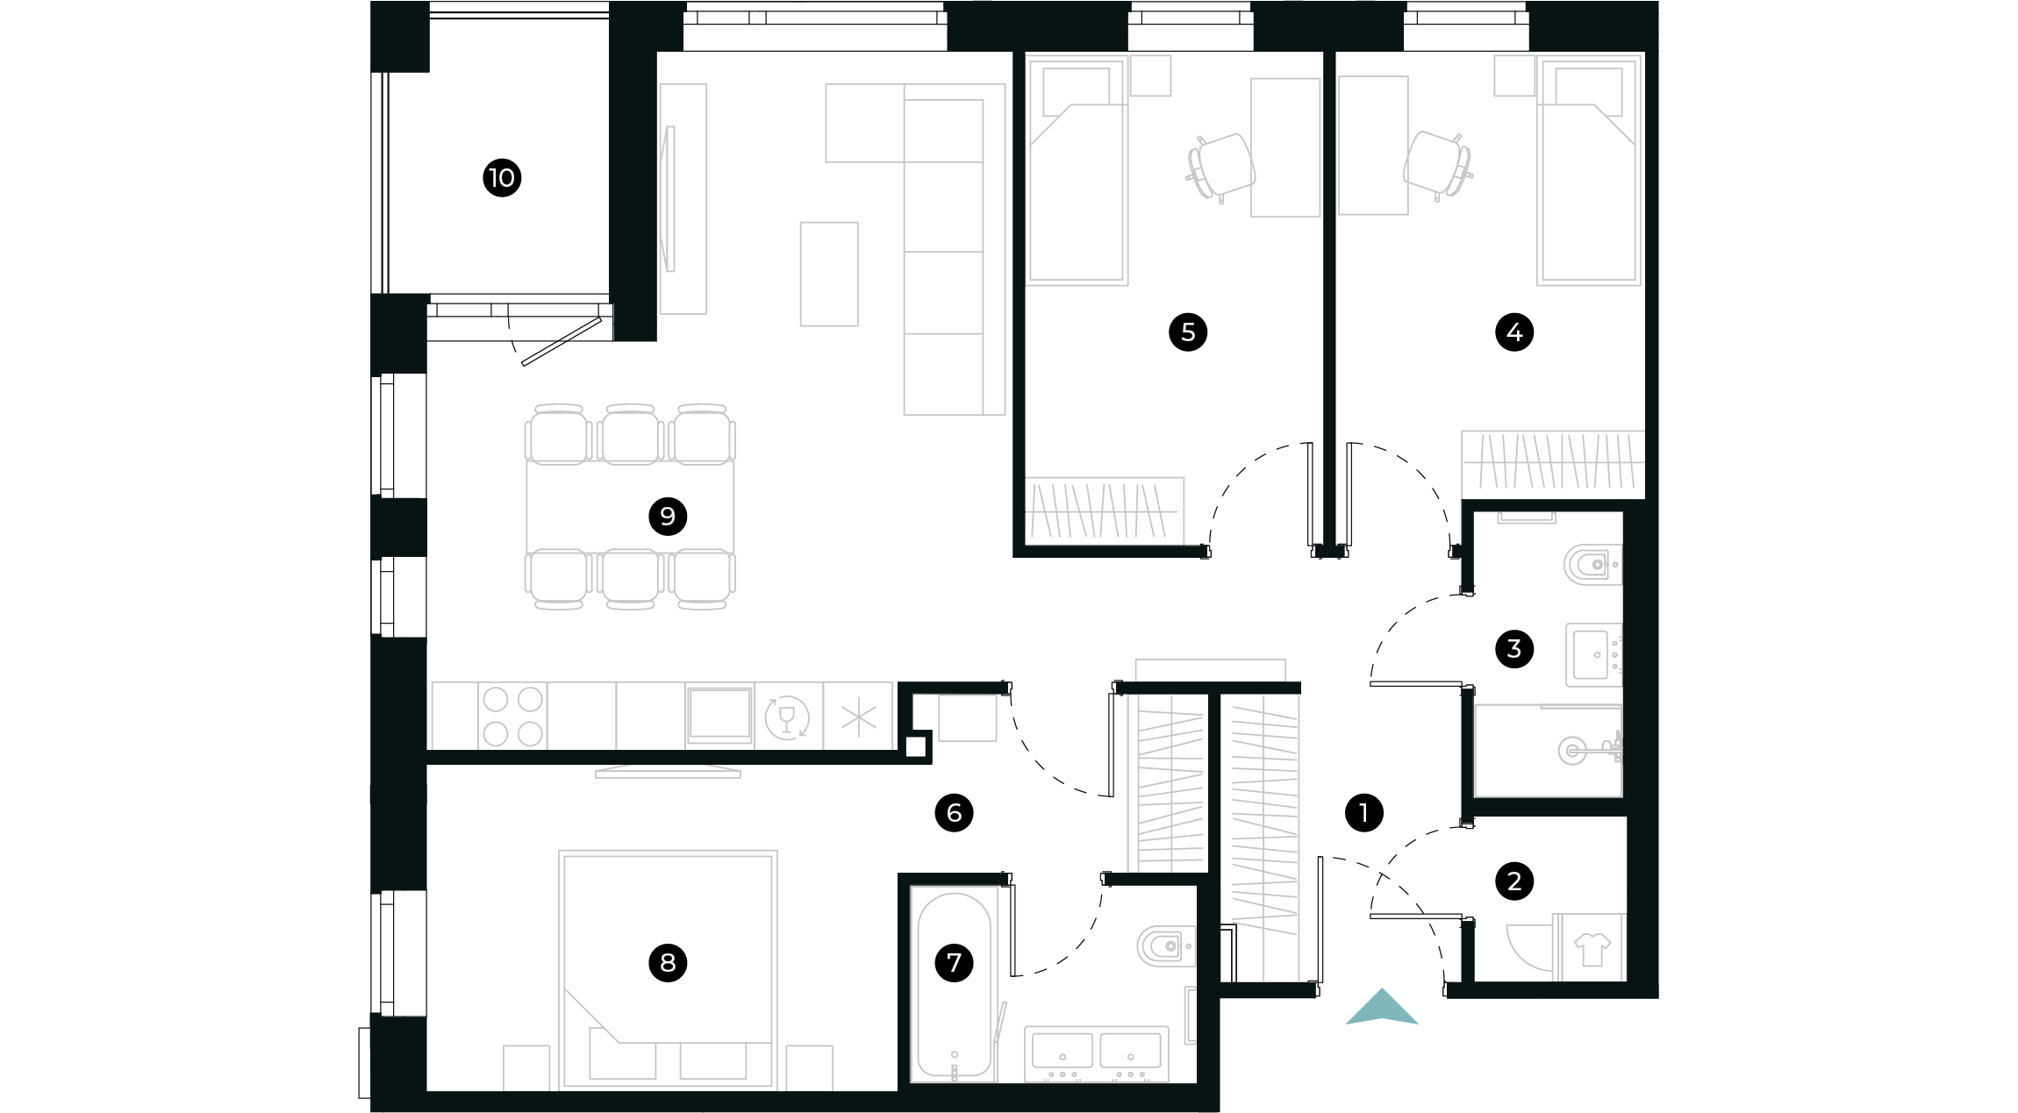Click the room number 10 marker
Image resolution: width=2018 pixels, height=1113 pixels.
pyautogui.click(x=502, y=178)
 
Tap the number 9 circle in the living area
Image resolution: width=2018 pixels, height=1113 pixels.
pyautogui.click(x=668, y=516)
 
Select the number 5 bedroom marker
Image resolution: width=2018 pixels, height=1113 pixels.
pyautogui.click(x=1188, y=332)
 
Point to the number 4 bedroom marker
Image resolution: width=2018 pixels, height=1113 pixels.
pyautogui.click(x=1514, y=332)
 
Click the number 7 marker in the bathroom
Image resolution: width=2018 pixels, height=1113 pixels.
pyautogui.click(x=954, y=962)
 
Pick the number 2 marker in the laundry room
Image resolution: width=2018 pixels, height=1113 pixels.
pyautogui.click(x=1514, y=881)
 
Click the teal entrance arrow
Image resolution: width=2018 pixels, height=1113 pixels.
pyautogui.click(x=1382, y=1008)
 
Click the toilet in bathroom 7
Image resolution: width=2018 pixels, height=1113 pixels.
pyautogui.click(x=1165, y=946)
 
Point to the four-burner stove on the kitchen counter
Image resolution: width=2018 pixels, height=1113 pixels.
pyautogui.click(x=512, y=717)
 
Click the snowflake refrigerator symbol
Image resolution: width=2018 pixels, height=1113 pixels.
pyautogui.click(x=858, y=717)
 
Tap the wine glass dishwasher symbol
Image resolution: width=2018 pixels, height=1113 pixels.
pyautogui.click(x=787, y=717)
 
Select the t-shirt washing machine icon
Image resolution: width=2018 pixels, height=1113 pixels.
pyautogui.click(x=1592, y=948)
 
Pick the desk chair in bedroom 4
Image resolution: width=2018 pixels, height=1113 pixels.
pyautogui.click(x=1436, y=164)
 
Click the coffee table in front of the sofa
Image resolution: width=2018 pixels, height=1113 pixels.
pyautogui.click(x=828, y=274)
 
